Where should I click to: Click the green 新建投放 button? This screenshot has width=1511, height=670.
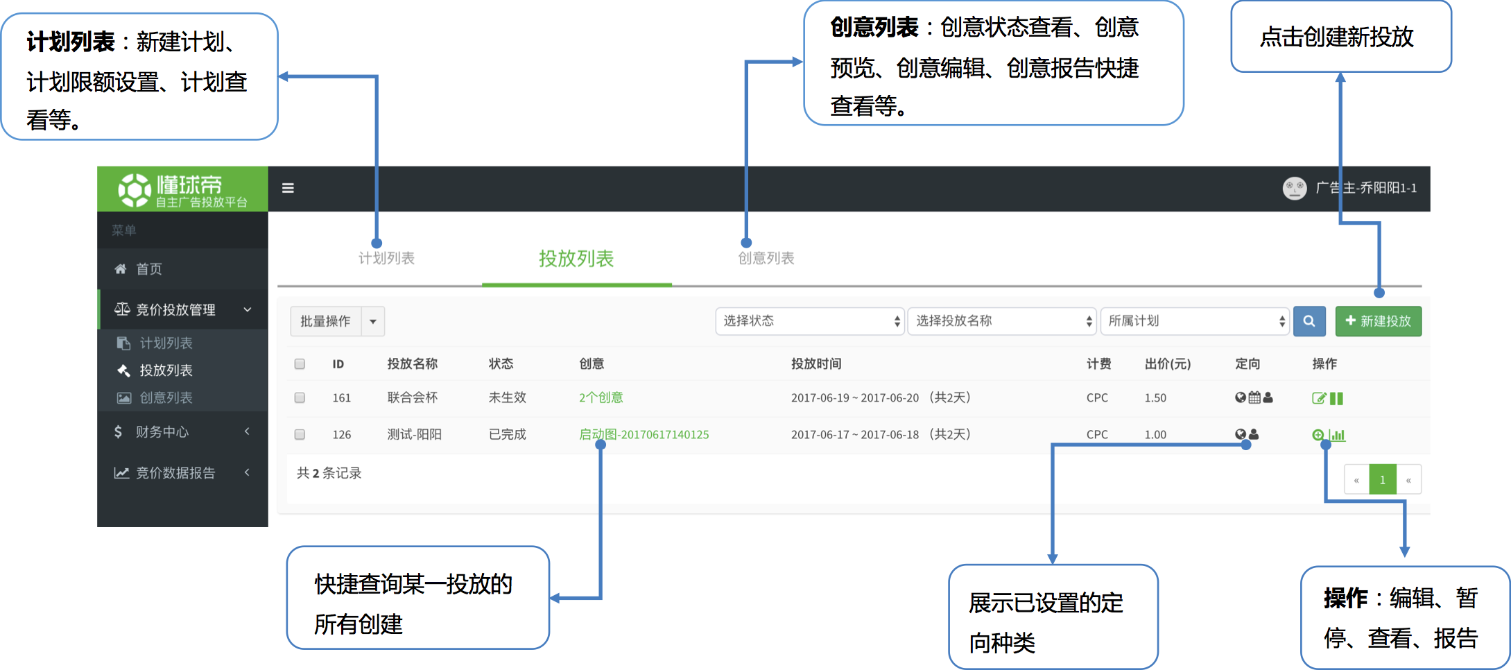(x=1379, y=321)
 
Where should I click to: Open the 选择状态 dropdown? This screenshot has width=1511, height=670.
(x=810, y=321)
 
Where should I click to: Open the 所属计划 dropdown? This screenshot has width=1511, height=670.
(x=1195, y=321)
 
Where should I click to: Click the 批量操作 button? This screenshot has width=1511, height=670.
(x=326, y=321)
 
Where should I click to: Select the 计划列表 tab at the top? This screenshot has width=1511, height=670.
(x=386, y=258)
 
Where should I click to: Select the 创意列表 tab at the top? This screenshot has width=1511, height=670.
(x=766, y=258)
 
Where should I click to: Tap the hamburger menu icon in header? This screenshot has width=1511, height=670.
(x=288, y=188)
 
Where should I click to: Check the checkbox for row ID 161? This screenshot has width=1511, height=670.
(x=300, y=397)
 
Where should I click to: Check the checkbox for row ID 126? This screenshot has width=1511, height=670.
(x=300, y=434)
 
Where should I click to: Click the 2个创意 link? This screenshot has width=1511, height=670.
(x=601, y=397)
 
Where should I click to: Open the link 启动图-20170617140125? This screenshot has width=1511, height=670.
(x=644, y=434)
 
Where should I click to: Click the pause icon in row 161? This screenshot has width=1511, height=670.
(x=1336, y=398)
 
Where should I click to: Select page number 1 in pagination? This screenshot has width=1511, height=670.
(x=1383, y=479)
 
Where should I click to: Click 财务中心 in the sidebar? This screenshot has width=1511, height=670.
(x=162, y=432)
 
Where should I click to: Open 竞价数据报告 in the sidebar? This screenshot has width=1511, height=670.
(x=175, y=473)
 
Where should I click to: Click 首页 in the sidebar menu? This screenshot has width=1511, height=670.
(x=148, y=269)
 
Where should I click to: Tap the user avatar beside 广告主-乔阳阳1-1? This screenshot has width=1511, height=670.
(x=1294, y=188)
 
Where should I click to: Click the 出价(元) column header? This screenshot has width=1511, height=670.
(x=1168, y=363)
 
